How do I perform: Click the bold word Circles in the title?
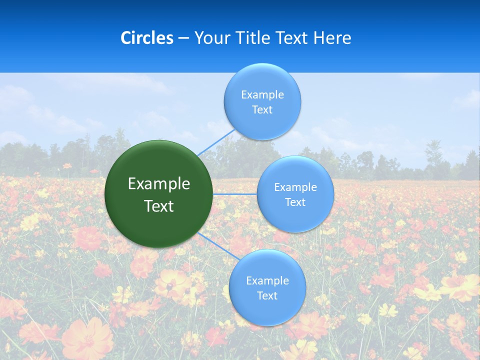coord(147,38)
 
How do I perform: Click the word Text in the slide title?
coord(292,38)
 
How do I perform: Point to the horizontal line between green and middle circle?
coord(235,194)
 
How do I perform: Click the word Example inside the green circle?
coord(159,184)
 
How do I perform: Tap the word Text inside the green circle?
coord(159,206)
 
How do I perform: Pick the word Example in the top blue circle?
coord(262,95)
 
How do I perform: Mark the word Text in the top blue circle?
coord(262,110)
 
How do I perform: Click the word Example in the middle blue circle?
coord(295,187)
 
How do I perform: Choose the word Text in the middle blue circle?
coord(295,202)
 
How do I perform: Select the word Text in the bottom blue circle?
coord(267,296)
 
